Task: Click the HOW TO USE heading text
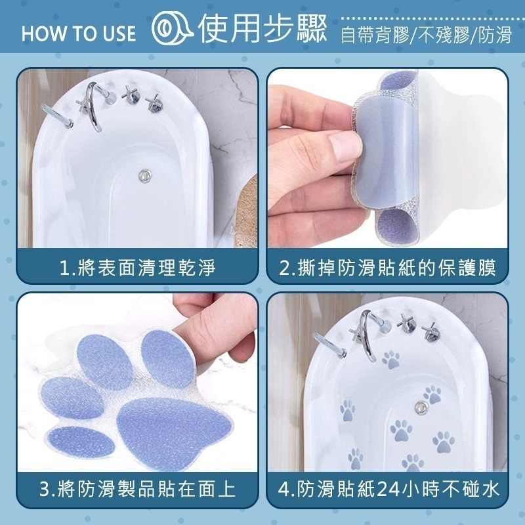coord(79,33)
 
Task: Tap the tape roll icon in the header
coord(167,31)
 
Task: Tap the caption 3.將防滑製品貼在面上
coord(137,488)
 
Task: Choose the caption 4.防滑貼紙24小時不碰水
coord(387,488)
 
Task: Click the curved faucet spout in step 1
coord(94,108)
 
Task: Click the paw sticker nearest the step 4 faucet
coord(391,360)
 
